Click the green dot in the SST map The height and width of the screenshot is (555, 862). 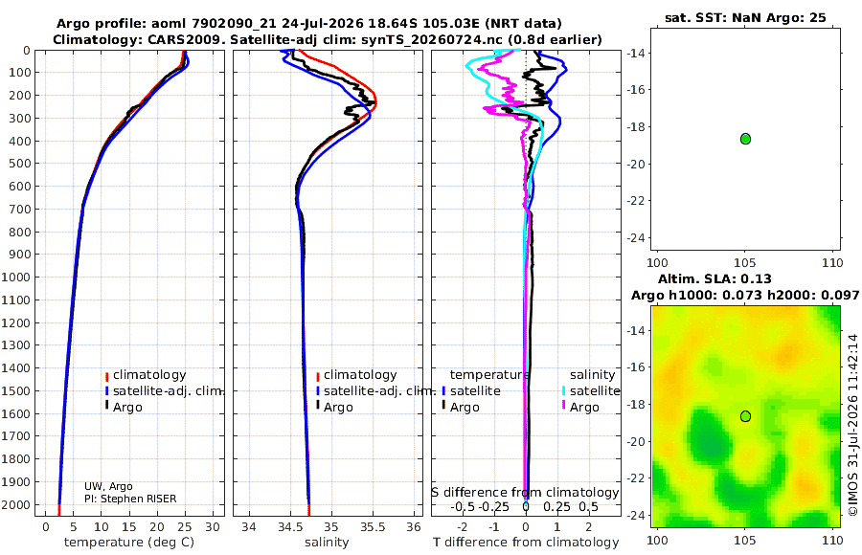pos(745,139)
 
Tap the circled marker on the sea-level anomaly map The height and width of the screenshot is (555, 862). pos(745,416)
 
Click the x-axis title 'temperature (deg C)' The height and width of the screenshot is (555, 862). pos(129,543)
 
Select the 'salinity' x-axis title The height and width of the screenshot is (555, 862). pos(327,543)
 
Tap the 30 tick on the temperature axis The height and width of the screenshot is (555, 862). pos(213,527)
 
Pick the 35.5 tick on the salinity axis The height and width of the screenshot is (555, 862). pos(373,527)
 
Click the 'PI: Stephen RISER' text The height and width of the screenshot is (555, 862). pos(130,499)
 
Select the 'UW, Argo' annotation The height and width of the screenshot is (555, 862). pos(108,486)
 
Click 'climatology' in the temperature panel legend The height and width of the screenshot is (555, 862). pos(149,375)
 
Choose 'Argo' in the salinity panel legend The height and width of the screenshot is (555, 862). pos(338,408)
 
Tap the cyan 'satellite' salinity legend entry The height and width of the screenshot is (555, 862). pos(595,390)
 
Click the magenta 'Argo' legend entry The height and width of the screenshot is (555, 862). pos(584,408)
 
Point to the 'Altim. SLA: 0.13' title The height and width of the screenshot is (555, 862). pos(715,278)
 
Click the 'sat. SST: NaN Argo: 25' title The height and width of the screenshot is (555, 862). pos(745,17)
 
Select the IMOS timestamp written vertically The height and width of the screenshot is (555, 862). pos(852,425)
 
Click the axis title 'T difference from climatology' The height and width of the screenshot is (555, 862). pos(526,543)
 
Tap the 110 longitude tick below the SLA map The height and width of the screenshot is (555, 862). pos(831,540)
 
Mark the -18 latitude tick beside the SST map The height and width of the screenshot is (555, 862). pos(637,127)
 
